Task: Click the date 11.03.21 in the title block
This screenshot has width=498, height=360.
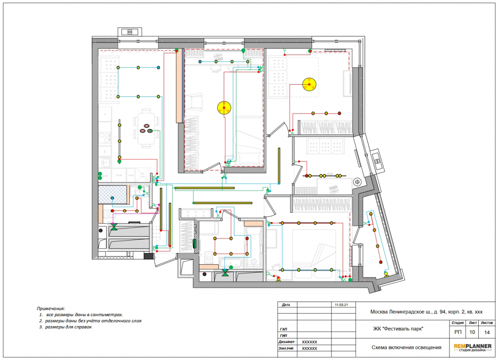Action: pos(341,305)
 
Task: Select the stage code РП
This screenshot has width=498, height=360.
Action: pos(458,332)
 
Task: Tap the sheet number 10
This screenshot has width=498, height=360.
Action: pos(472,332)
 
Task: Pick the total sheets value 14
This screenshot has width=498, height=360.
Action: pos(487,333)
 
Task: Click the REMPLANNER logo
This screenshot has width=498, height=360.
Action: pos(473,348)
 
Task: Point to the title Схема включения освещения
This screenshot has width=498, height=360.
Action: pos(406,347)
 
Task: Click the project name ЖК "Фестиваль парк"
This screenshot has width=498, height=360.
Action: pos(398,329)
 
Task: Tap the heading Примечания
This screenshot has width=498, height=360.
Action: pos(51,308)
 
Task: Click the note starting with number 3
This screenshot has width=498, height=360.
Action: pos(65,326)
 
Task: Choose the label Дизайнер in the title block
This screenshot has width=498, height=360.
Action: pos(286,342)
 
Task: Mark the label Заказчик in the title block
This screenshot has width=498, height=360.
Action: pos(286,348)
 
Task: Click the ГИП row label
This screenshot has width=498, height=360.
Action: pos(284,336)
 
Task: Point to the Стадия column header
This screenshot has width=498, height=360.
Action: pos(458,323)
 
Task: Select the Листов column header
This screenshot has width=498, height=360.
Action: pos(487,323)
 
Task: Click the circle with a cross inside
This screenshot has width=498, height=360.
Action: pos(357,182)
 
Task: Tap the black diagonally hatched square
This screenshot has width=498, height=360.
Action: pos(148,256)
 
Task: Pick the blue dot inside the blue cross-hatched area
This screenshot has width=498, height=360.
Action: pos(112,198)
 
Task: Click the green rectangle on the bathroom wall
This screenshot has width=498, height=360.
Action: pos(194,244)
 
